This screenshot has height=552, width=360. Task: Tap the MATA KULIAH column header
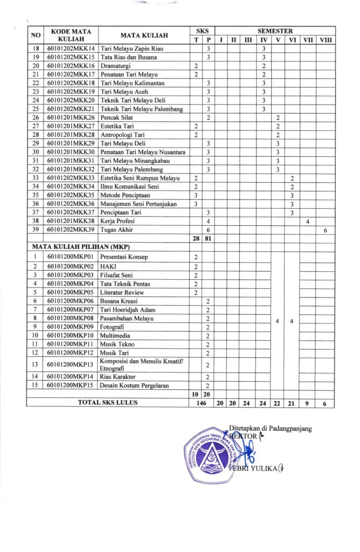point(144,36)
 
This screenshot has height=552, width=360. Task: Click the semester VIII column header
point(326,40)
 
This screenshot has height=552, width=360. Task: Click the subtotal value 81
point(208,238)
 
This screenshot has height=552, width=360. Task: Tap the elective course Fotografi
point(113,327)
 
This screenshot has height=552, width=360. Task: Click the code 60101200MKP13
point(71,364)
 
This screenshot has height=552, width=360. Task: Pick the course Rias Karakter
point(117,376)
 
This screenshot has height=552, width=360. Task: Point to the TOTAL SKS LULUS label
point(108,402)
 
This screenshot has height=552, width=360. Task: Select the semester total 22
point(277,402)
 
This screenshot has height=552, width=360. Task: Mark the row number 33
point(36,178)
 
